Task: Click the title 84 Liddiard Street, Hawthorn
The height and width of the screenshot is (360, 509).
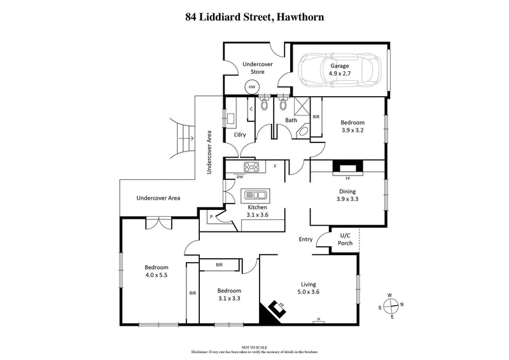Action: click(254, 17)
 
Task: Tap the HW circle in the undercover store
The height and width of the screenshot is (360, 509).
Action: click(252, 87)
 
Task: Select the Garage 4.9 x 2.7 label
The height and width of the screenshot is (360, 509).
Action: click(339, 69)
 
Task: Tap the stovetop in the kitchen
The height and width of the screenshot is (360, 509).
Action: click(253, 168)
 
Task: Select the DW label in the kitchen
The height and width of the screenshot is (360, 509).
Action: click(240, 177)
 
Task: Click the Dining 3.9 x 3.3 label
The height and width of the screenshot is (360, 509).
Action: click(347, 195)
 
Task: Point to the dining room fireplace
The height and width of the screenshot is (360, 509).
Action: click(347, 167)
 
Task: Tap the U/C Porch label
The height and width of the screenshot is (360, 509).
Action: click(345, 239)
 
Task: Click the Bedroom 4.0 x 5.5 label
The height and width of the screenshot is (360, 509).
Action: click(156, 272)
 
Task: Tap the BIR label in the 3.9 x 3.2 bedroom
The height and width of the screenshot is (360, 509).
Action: click(316, 117)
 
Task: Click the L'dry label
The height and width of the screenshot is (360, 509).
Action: click(240, 135)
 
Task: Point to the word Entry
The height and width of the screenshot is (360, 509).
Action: click(306, 239)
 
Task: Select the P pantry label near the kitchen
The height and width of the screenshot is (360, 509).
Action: click(211, 218)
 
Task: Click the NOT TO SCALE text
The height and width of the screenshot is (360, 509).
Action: click(254, 347)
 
